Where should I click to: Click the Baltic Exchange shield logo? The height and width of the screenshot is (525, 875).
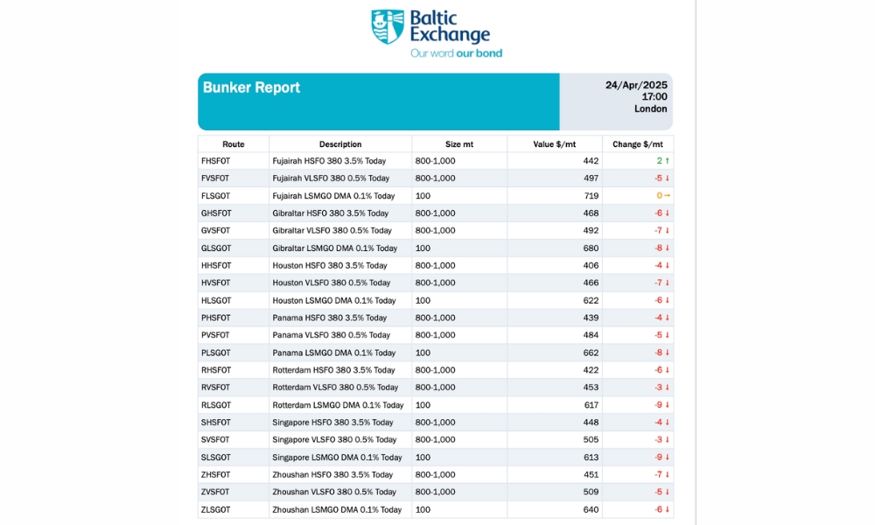[x=388, y=26]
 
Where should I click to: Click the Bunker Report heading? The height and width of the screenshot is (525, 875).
[x=251, y=87]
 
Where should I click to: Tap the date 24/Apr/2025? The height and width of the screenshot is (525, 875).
[x=636, y=85]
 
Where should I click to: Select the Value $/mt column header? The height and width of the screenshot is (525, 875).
[x=554, y=144]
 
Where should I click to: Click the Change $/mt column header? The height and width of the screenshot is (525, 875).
[x=637, y=144]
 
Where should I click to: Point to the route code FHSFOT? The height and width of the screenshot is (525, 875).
[x=215, y=161]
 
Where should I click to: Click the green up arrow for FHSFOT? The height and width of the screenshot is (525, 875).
[x=668, y=161]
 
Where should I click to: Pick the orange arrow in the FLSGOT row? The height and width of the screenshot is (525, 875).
[x=667, y=196]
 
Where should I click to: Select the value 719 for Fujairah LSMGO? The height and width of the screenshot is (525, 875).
[x=591, y=196]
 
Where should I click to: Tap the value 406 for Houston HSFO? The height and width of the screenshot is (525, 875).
[x=591, y=265]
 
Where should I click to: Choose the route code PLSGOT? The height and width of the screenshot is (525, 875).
[x=215, y=353]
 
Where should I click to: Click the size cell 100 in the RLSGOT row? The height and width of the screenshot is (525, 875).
[x=423, y=405]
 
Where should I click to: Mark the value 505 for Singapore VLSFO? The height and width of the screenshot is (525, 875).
[x=591, y=439]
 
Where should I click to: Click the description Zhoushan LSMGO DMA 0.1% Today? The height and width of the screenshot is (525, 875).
[x=337, y=509]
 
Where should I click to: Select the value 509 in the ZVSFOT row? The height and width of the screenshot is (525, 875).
[x=591, y=492]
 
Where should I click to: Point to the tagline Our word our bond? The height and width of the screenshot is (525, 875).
[x=456, y=53]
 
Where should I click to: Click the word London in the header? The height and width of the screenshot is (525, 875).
[x=650, y=109]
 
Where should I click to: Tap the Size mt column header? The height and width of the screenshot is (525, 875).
[x=458, y=144]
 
